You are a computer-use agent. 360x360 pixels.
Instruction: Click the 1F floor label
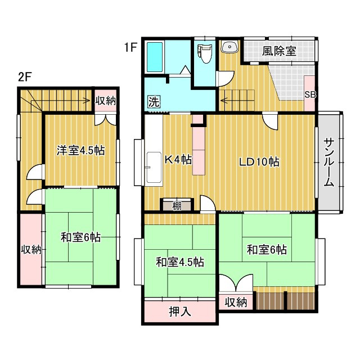130,48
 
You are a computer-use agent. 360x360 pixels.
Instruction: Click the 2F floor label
24,78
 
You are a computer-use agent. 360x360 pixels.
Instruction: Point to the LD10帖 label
259,162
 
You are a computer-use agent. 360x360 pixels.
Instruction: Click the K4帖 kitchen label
178,160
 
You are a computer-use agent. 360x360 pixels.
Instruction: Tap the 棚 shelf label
177,205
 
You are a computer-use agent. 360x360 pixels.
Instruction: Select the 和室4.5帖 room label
179,262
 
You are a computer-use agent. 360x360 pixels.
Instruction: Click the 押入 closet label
179,312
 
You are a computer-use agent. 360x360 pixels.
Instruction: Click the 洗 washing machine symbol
154,102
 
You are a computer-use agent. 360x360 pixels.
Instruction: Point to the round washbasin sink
229,47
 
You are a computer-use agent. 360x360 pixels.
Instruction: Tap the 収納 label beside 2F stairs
105,101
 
